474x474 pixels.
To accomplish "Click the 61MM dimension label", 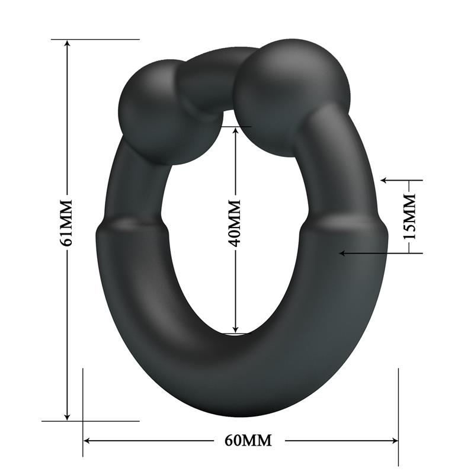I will (67, 222).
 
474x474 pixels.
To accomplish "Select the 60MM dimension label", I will (249, 440).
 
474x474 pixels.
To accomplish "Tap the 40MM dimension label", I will (235, 222).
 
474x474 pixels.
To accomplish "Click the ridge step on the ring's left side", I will (132, 227).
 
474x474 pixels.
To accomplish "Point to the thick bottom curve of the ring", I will (237, 379).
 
